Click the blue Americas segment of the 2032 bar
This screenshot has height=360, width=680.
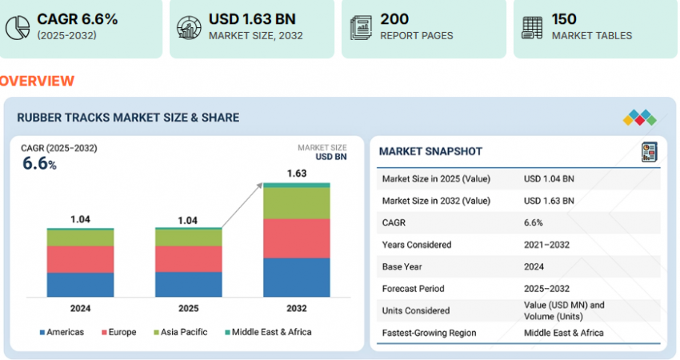[296, 277]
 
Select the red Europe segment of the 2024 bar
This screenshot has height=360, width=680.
[80, 259]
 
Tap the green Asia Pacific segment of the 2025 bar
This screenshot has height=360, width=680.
[188, 238]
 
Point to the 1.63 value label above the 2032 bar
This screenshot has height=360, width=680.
[296, 173]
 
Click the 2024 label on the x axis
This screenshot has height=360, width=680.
[80, 308]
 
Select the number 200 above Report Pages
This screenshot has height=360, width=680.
[394, 19]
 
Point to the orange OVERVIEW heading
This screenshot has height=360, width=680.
[37, 81]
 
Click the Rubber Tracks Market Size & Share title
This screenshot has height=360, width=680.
[128, 118]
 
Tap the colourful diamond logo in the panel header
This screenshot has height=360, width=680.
[639, 118]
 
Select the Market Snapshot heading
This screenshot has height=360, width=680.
[430, 151]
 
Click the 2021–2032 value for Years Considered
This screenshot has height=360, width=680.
[546, 245]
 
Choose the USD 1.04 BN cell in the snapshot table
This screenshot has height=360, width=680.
[549, 178]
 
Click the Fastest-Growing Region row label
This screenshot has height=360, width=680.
[429, 333]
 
